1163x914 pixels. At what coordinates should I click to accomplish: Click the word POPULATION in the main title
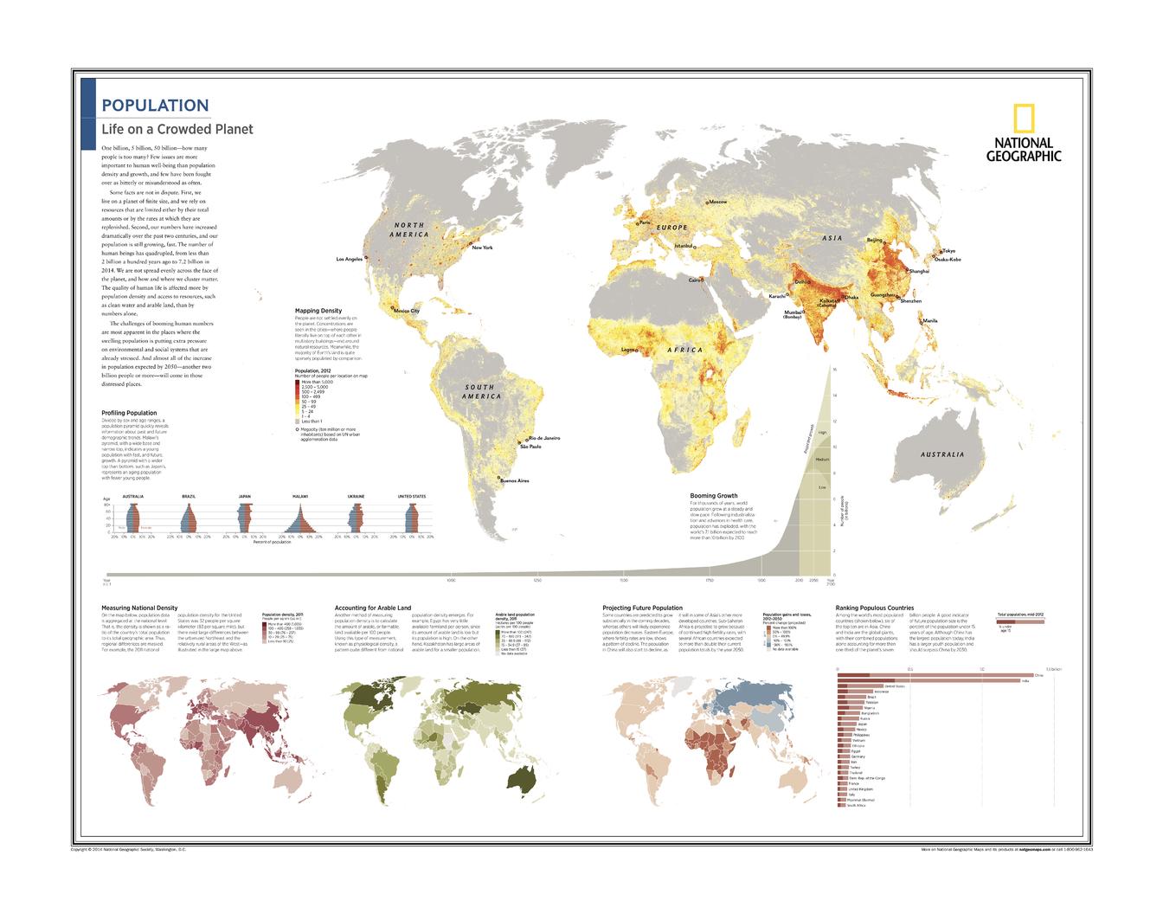coord(155,106)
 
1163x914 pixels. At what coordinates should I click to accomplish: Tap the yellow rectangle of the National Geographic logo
coord(1024,118)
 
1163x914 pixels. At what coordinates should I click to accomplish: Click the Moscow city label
coord(717,202)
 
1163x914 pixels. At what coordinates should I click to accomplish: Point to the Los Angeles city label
coord(350,259)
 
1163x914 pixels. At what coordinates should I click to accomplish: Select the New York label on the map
coord(482,248)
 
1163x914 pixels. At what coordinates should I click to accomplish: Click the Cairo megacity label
coord(694,280)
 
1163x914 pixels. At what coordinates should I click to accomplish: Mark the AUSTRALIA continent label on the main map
coord(942,454)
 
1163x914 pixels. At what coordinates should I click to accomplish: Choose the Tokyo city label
coord(949,251)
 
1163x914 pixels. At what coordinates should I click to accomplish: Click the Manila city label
coord(930,321)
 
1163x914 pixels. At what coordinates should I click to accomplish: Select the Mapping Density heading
coord(318,311)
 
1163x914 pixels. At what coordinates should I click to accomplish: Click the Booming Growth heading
coord(714,497)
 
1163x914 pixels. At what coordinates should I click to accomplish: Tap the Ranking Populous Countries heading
coord(875,608)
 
